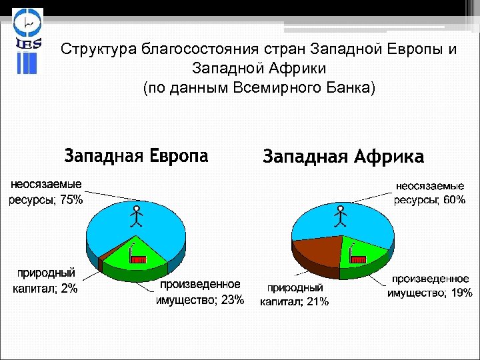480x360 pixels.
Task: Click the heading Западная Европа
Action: tap(136, 156)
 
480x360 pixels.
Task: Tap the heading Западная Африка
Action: tap(343, 157)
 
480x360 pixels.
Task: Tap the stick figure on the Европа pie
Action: tap(136, 216)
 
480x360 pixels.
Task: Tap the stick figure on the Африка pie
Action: tap(341, 215)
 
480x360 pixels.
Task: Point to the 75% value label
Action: tap(71, 199)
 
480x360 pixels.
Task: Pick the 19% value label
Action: tap(461, 292)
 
